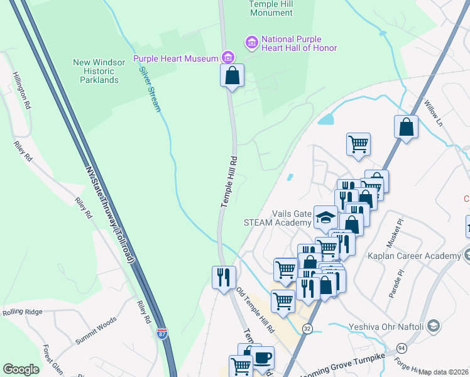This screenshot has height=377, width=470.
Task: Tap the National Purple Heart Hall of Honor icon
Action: pos(251,43)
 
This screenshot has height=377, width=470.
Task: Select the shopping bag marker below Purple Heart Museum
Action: pos(232,76)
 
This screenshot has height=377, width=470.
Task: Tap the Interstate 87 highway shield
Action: pos(162,334)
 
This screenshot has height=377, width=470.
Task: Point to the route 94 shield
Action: pos(400,347)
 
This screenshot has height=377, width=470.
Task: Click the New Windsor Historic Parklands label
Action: pos(96,71)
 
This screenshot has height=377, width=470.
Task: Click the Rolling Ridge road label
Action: pos(22,312)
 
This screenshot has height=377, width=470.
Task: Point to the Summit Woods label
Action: pos(96,331)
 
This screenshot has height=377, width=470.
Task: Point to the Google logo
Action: pos(21,369)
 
